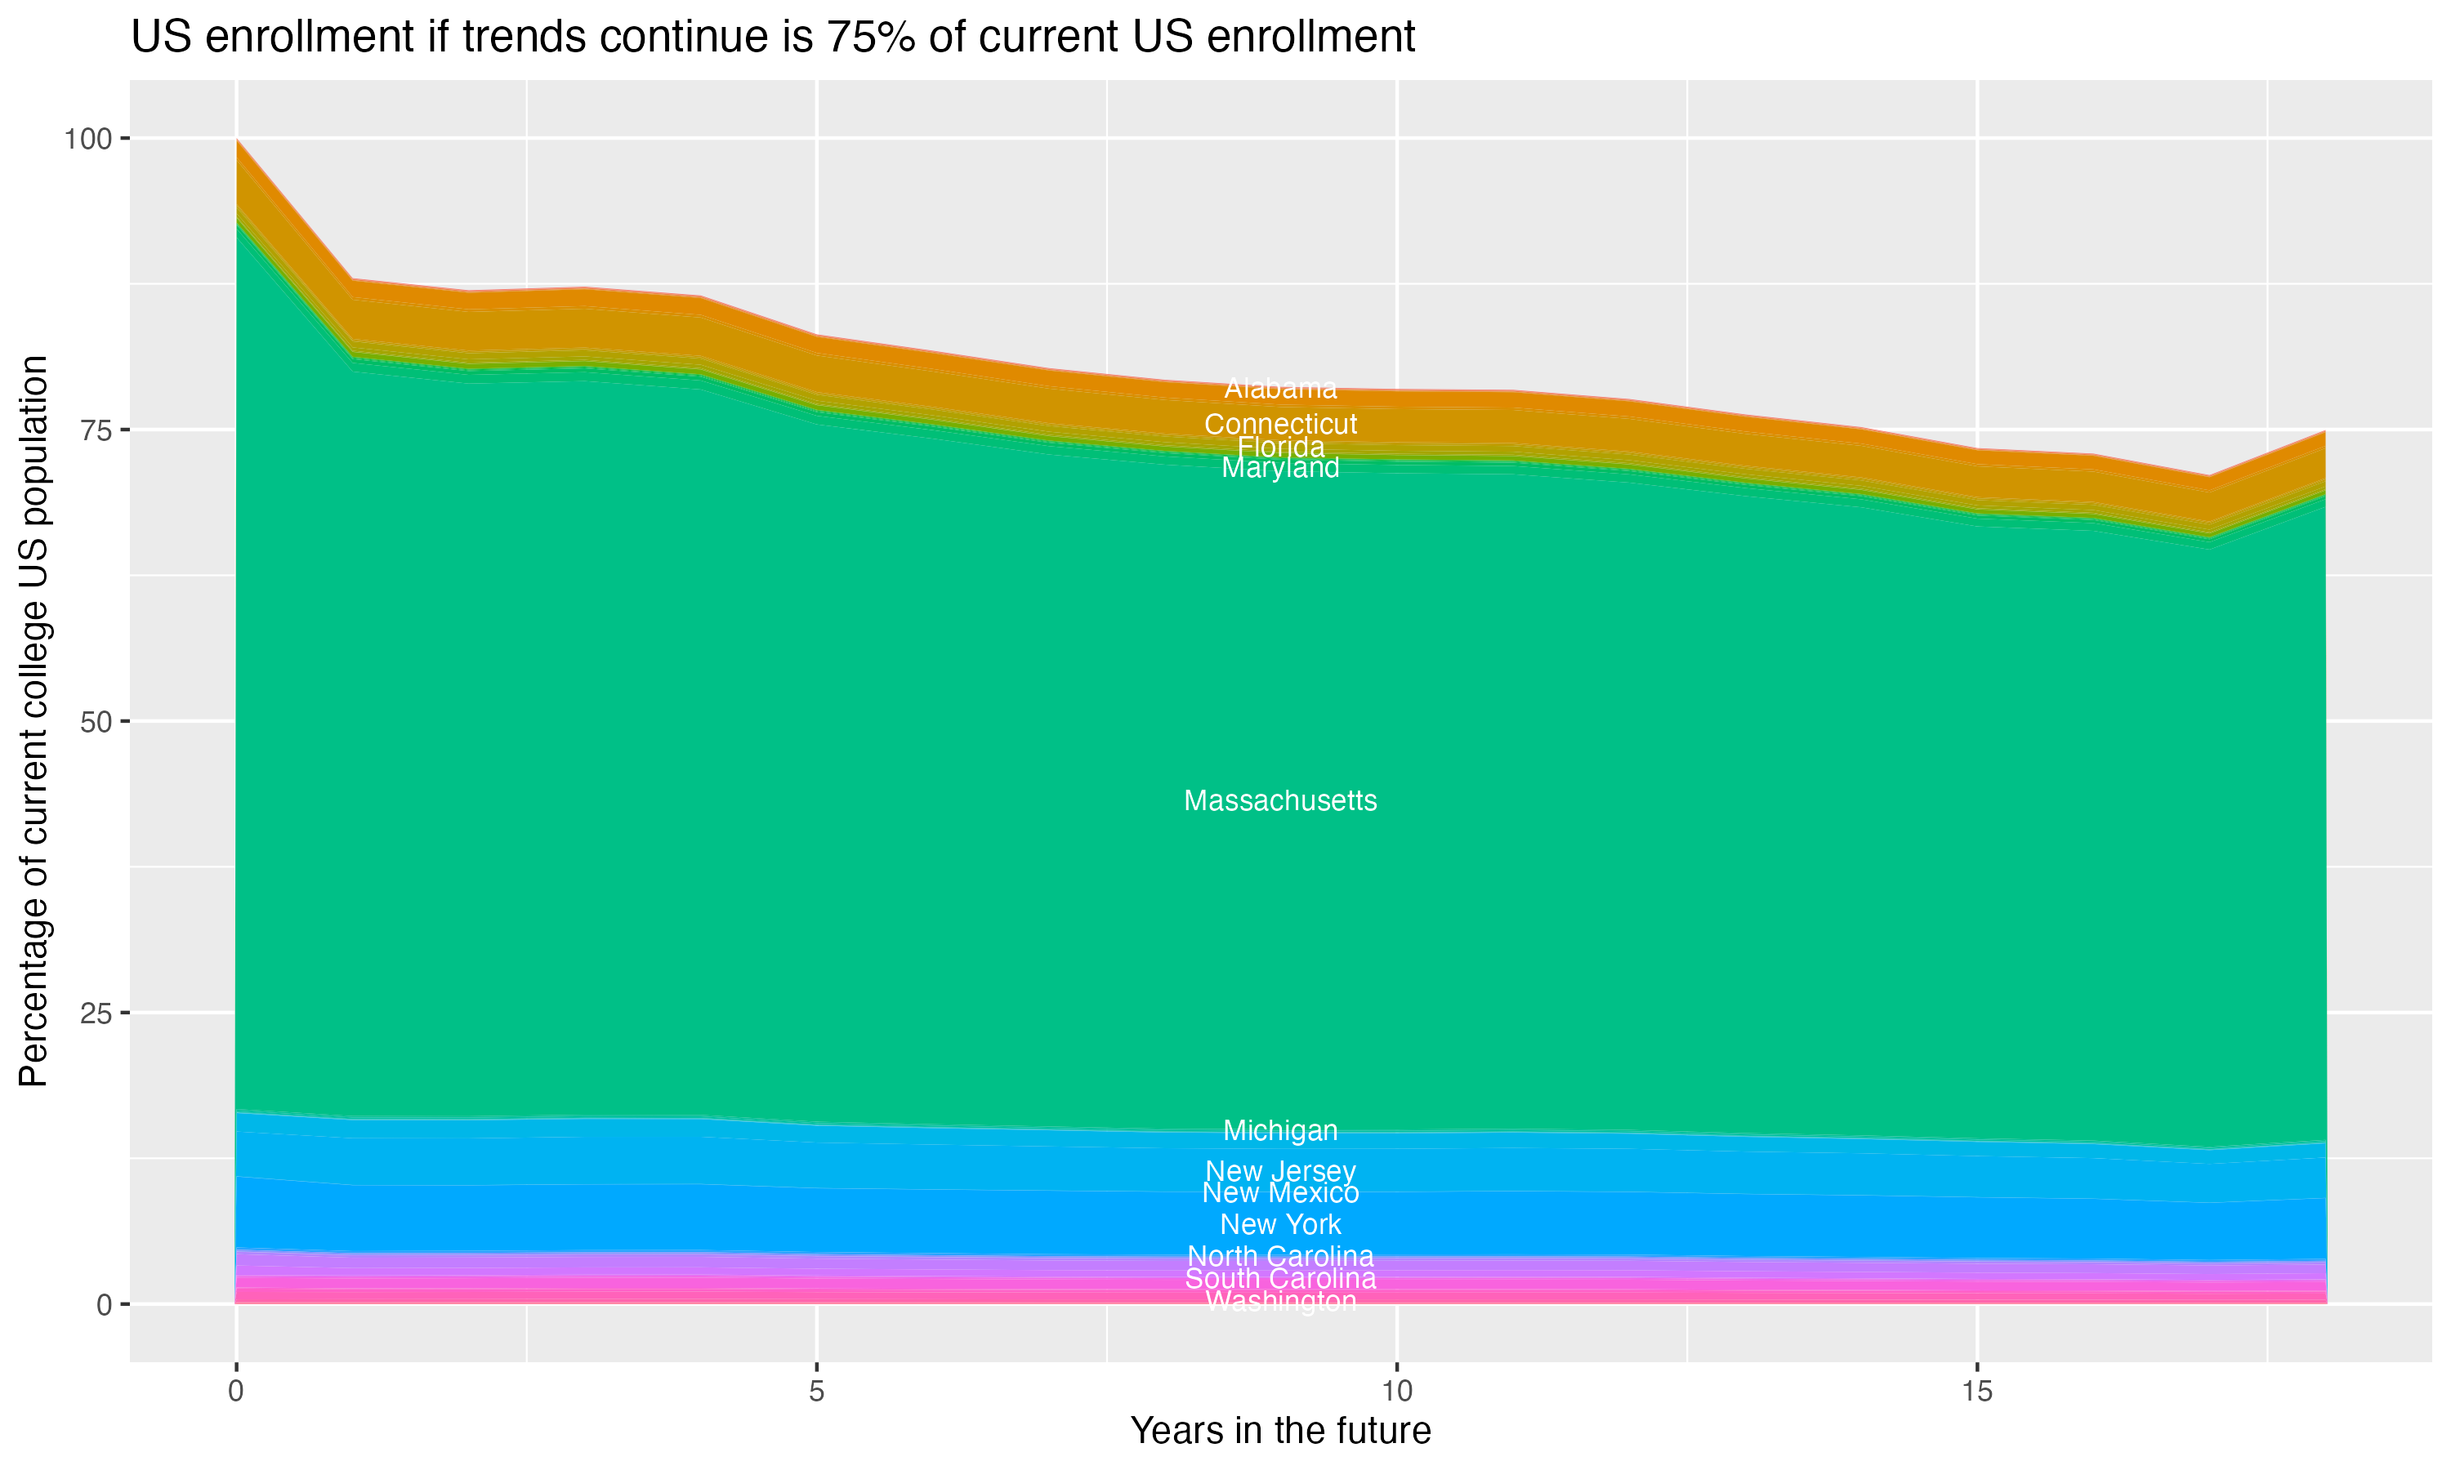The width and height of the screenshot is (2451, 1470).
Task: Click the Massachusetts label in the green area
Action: point(1280,800)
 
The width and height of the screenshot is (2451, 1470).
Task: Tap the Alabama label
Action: point(1280,388)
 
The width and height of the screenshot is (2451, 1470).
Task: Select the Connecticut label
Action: point(1280,424)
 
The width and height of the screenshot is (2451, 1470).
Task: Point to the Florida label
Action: point(1280,447)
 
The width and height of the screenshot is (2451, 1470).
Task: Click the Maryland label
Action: point(1280,468)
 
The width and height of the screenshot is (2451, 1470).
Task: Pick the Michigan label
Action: point(1280,1130)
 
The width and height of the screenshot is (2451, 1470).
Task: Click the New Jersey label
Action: point(1280,1171)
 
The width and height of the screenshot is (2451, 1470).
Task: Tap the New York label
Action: point(1280,1224)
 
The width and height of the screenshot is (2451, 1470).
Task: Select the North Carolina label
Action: point(1280,1256)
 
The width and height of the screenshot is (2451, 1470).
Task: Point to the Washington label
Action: point(1280,1302)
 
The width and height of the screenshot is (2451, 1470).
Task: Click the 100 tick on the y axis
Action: point(87,139)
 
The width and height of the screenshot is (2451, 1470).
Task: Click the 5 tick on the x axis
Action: point(816,1392)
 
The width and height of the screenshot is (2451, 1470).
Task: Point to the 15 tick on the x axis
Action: point(1976,1392)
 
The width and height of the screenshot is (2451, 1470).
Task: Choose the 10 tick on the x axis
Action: point(1396,1392)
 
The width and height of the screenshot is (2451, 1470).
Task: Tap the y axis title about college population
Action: point(33,720)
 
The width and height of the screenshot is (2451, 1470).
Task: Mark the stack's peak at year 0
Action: point(237,140)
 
